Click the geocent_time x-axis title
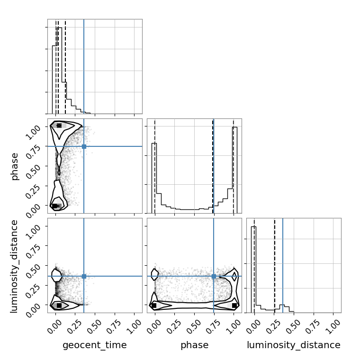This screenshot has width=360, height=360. coord(95,345)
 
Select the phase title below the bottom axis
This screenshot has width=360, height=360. coord(195,345)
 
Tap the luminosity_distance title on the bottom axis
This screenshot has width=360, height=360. coord(294,345)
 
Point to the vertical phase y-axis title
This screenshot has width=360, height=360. coord(15,167)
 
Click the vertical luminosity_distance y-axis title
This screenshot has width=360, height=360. coord(14,266)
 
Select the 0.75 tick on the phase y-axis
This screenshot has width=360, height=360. coord(33,152)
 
